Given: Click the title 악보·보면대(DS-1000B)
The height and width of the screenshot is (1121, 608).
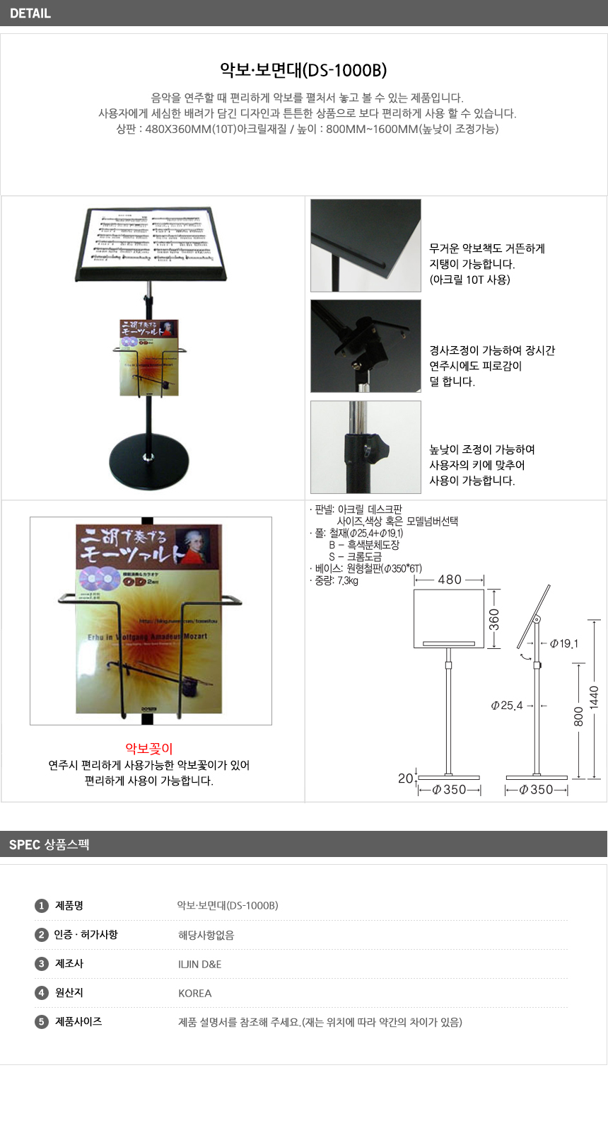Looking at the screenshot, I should point(303,70).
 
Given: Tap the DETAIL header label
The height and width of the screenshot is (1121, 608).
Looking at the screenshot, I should point(30,13).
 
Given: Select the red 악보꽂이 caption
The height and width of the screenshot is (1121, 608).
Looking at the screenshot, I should point(149,749).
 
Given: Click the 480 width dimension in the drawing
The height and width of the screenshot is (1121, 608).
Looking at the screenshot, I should point(450,580).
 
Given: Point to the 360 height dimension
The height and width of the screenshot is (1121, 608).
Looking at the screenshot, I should point(494,619).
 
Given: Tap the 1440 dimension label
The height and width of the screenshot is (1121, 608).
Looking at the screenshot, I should point(594,697).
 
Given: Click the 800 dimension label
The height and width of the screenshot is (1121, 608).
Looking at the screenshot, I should point(578,716).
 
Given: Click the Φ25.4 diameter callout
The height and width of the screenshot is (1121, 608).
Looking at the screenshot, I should point(507,706).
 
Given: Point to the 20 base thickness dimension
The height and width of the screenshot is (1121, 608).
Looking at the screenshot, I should point(405,778).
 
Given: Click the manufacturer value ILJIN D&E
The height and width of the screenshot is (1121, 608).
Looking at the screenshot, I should point(200,964).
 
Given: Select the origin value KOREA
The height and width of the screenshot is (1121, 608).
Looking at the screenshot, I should point(195,993).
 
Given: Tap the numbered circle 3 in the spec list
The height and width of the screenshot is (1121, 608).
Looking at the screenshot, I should point(41,964).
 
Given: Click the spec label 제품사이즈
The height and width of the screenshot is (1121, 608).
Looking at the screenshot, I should point(78,1021).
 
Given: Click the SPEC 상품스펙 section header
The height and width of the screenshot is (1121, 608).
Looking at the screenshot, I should point(49,844).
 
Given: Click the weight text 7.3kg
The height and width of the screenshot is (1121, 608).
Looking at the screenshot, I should point(347,580).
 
